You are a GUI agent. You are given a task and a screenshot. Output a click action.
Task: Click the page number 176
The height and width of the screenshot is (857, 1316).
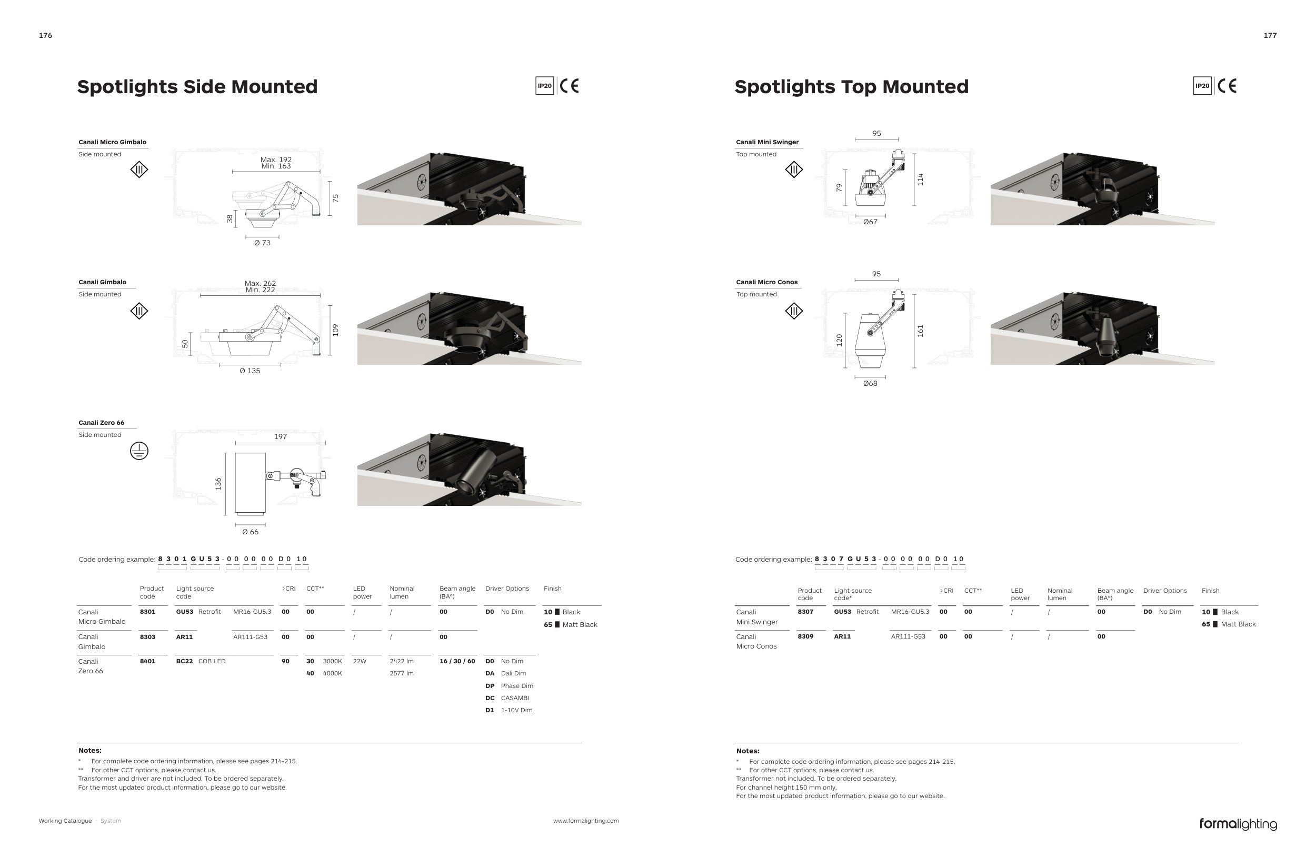pyautogui.click(x=45, y=35)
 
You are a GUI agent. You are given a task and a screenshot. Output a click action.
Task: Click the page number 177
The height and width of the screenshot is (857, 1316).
pyautogui.click(x=1270, y=35)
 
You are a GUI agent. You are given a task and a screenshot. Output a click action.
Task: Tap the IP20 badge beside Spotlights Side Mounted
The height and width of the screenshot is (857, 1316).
pyautogui.click(x=545, y=86)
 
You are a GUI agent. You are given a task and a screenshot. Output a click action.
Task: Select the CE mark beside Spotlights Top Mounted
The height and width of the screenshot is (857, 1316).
pyautogui.click(x=1227, y=86)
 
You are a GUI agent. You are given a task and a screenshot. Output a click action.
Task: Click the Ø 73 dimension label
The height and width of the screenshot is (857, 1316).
pyautogui.click(x=262, y=243)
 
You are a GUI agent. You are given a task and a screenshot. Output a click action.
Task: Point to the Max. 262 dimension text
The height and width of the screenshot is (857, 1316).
pyautogui.click(x=260, y=283)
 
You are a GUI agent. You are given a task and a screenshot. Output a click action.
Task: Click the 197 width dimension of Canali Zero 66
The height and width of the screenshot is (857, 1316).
pyautogui.click(x=281, y=436)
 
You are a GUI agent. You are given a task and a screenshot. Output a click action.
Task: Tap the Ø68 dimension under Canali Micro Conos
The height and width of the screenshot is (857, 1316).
pyautogui.click(x=870, y=383)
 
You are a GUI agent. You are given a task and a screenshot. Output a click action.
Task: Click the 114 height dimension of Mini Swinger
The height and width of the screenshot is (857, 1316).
pyautogui.click(x=920, y=179)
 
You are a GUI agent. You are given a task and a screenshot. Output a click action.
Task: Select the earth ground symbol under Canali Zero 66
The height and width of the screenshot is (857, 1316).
pyautogui.click(x=139, y=451)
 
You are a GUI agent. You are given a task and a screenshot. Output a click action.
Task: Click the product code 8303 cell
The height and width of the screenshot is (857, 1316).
pyautogui.click(x=147, y=637)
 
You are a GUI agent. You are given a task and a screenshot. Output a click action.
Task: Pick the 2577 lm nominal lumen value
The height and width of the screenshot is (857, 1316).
pyautogui.click(x=402, y=673)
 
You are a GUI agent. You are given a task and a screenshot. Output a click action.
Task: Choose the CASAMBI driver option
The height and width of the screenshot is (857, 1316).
pyautogui.click(x=515, y=698)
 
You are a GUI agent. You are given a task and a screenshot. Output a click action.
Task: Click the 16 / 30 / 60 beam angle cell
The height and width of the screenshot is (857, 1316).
pyautogui.click(x=457, y=661)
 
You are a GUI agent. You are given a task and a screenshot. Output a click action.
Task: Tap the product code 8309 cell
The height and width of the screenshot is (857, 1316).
pyautogui.click(x=805, y=636)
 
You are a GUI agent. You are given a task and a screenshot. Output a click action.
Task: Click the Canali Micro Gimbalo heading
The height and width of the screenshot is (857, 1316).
pyautogui.click(x=112, y=142)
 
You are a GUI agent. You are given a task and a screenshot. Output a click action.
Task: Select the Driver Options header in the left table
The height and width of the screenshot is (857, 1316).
pyautogui.click(x=507, y=589)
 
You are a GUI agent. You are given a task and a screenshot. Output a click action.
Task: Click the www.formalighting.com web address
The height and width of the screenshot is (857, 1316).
pyautogui.click(x=586, y=821)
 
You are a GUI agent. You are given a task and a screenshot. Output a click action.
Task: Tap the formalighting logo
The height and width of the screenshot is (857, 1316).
pyautogui.click(x=1238, y=824)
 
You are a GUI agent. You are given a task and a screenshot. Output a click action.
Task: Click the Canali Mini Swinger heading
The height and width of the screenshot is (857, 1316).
pyautogui.click(x=767, y=142)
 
